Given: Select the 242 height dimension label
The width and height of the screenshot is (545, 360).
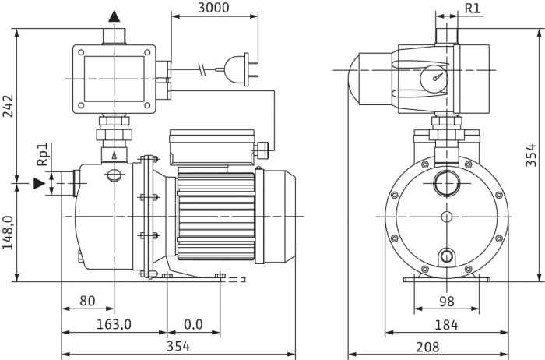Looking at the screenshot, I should (x=8, y=106).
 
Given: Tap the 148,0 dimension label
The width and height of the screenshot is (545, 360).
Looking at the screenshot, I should (x=8, y=233).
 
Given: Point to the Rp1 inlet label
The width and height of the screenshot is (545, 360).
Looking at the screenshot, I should (x=43, y=154).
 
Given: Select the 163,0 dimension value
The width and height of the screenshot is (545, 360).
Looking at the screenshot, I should (x=114, y=323).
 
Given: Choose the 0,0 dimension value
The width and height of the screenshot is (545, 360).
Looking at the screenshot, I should (x=193, y=323).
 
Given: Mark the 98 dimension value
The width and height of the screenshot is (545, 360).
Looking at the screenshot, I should (x=445, y=301).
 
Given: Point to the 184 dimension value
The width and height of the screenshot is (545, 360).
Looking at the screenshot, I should (x=445, y=323).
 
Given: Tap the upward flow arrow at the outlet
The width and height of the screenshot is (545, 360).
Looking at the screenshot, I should (x=114, y=16).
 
